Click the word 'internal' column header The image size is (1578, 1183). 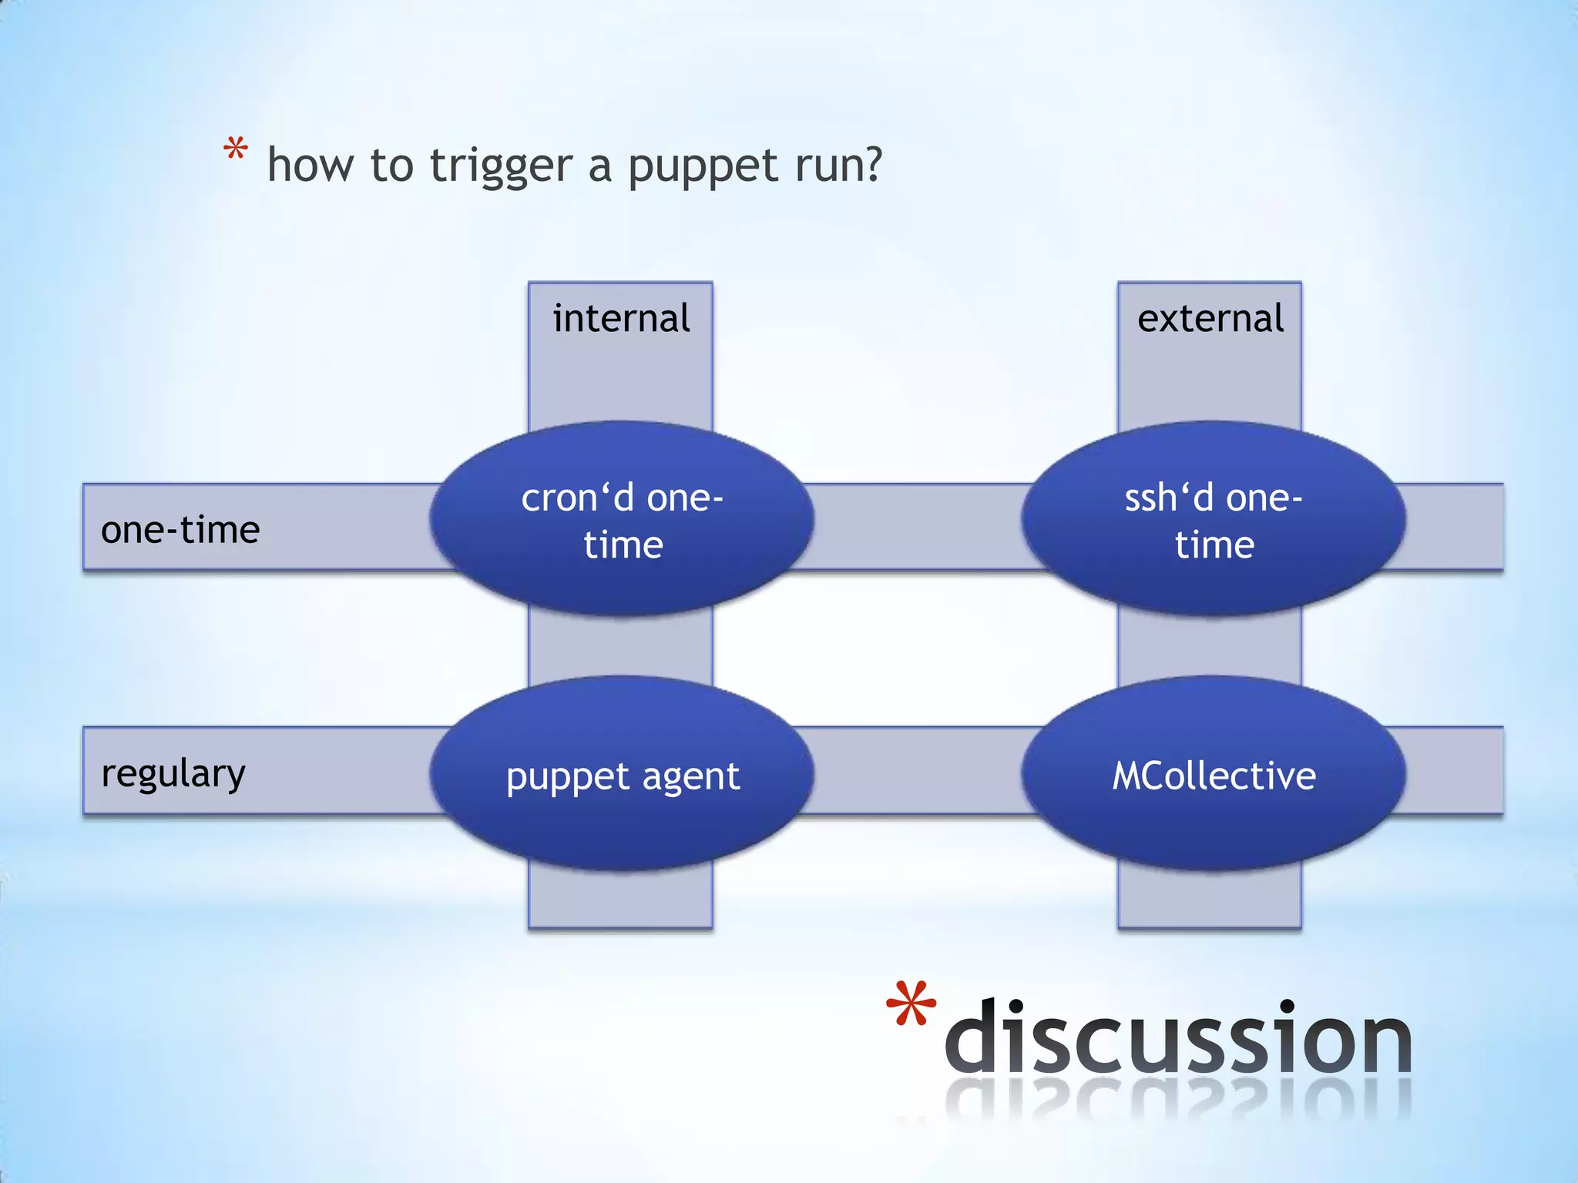click(x=621, y=318)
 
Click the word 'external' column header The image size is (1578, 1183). click(x=1210, y=318)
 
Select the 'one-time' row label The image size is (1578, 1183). click(x=180, y=530)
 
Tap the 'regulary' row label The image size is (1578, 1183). click(x=173, y=773)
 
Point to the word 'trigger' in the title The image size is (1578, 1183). click(x=501, y=166)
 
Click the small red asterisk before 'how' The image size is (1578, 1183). click(x=235, y=149)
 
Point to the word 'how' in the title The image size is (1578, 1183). click(x=311, y=165)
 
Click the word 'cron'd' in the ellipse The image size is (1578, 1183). click(x=577, y=498)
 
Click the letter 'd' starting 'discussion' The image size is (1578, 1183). click(x=972, y=1037)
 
